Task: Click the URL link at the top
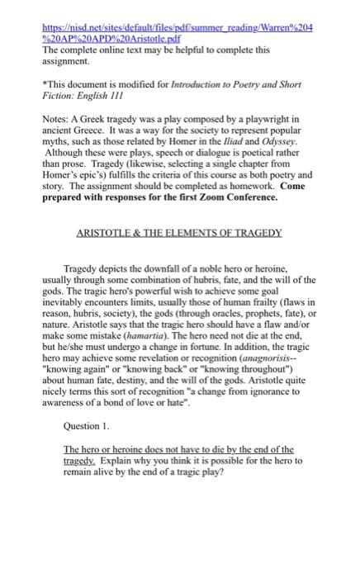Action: coord(180,10)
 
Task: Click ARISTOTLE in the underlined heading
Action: coord(110,233)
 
